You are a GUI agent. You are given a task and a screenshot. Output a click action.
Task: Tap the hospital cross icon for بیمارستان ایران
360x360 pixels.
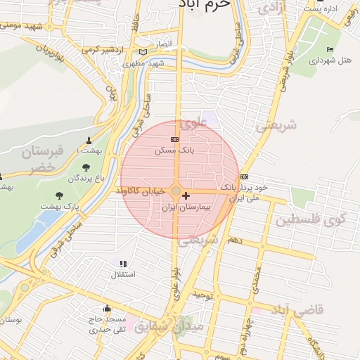click(186, 195)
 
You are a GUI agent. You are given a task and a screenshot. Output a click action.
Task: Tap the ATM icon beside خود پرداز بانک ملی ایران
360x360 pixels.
click(244, 176)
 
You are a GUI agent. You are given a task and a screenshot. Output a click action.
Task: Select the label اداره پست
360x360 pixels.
click(323, 9)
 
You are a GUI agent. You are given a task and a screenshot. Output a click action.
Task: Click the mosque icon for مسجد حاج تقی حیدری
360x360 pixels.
click(107, 307)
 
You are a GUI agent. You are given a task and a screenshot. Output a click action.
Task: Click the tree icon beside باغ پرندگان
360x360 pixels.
click(86, 167)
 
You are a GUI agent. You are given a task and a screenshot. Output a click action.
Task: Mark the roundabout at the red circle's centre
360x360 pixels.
click(176, 191)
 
